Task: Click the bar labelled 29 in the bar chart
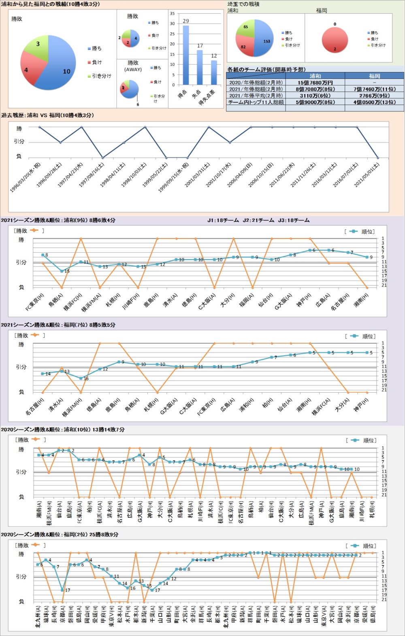(x=186, y=55)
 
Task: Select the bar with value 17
(x=200, y=67)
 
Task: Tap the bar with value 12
(x=214, y=72)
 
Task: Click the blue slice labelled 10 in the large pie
(x=59, y=71)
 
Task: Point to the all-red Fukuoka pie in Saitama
(x=335, y=40)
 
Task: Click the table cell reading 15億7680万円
(x=315, y=83)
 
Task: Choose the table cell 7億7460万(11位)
(x=374, y=89)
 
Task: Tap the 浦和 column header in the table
(x=315, y=76)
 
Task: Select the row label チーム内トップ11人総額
(x=256, y=102)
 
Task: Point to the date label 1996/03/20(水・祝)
(x=26, y=177)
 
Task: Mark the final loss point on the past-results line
(x=378, y=157)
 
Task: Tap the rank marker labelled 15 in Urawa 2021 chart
(x=62, y=271)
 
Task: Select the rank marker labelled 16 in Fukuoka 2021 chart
(x=81, y=379)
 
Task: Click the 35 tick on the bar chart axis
(x=172, y=14)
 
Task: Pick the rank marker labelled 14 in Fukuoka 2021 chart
(x=43, y=374)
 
